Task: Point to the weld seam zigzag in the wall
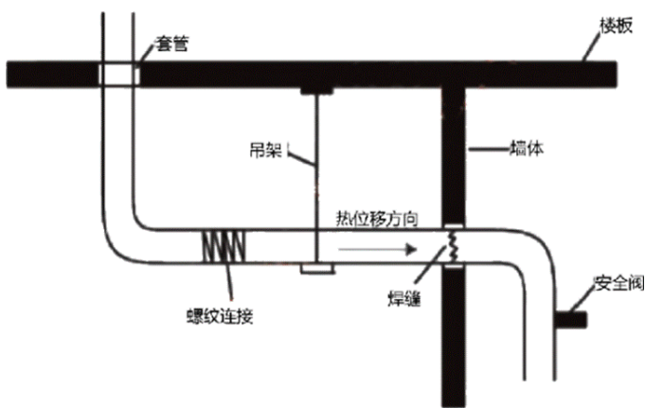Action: pos(454,248)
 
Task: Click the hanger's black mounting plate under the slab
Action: pos(317,90)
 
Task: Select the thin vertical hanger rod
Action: pos(317,170)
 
